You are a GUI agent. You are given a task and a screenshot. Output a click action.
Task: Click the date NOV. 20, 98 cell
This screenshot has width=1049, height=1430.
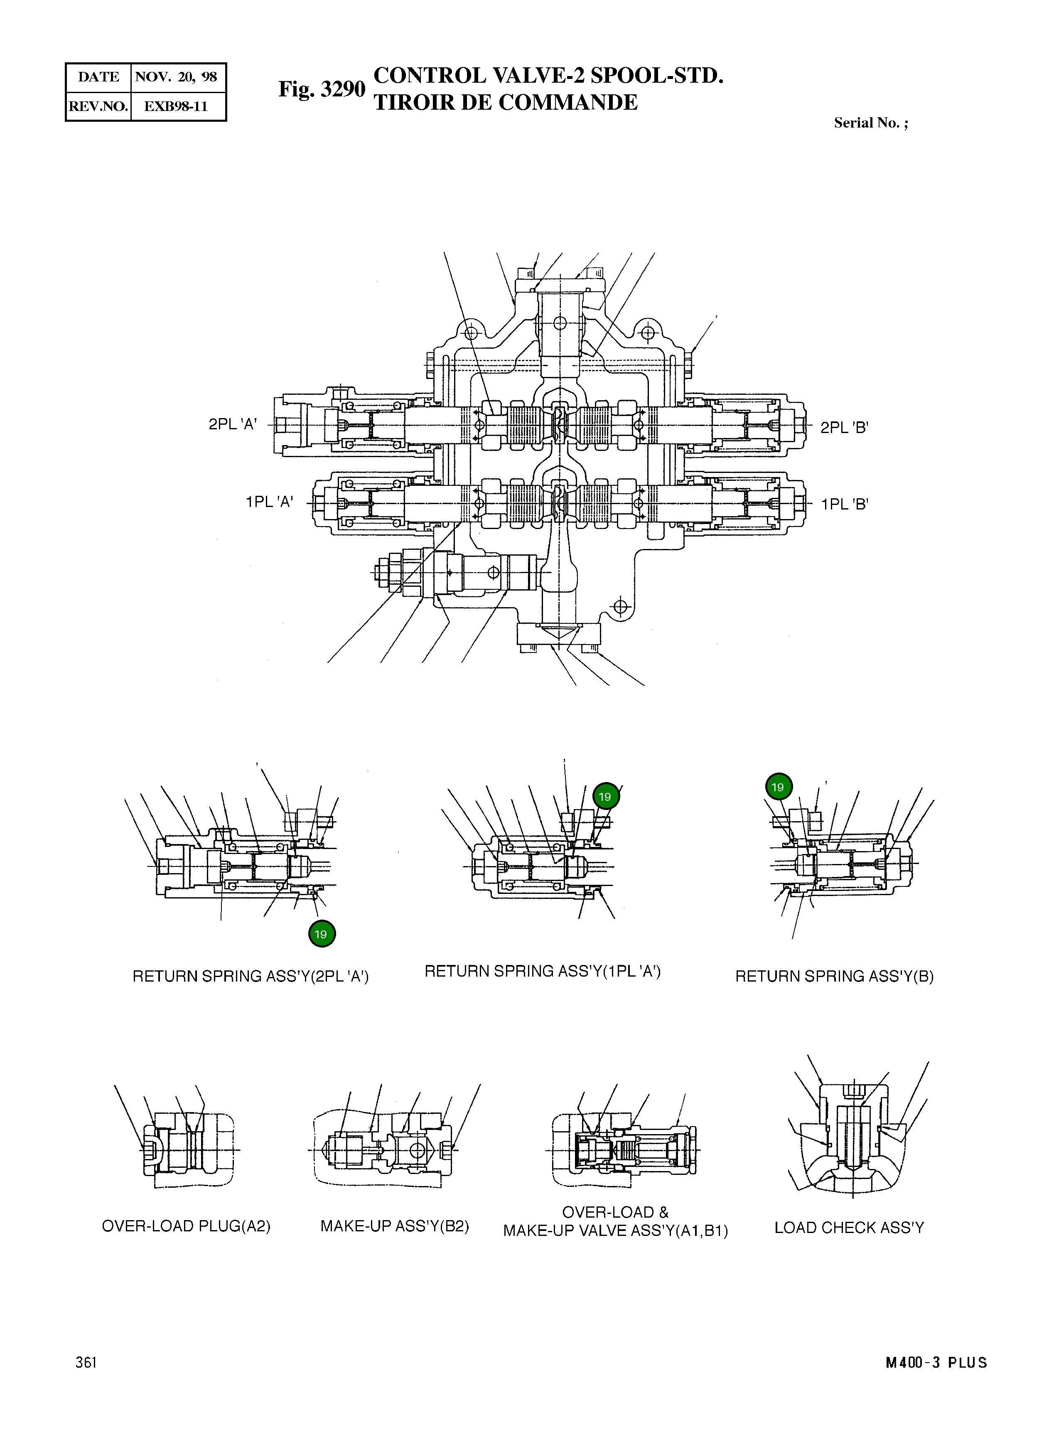177,77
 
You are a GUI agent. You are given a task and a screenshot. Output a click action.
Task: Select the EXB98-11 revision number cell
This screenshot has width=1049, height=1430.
177,106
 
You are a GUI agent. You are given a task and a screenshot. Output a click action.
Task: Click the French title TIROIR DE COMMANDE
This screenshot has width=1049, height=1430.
506,102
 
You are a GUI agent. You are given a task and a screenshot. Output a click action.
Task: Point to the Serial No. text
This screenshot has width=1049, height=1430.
871,123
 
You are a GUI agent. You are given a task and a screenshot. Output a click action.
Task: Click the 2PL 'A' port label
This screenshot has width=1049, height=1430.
232,424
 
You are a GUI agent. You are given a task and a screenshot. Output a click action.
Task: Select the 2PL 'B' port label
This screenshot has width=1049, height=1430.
844,428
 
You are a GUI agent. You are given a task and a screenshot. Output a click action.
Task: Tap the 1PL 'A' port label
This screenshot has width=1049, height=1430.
269,502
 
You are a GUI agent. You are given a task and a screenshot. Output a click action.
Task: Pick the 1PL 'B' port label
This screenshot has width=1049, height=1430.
844,505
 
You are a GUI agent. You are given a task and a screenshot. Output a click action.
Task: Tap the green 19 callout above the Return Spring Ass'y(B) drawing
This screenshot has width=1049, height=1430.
778,787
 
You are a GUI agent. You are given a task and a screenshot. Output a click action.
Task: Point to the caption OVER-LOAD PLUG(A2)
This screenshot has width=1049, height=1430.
186,1226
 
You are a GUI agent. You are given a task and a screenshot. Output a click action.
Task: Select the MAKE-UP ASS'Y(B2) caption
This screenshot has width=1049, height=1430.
394,1226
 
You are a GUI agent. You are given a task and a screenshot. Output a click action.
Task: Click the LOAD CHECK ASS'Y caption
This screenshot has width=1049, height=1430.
849,1227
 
